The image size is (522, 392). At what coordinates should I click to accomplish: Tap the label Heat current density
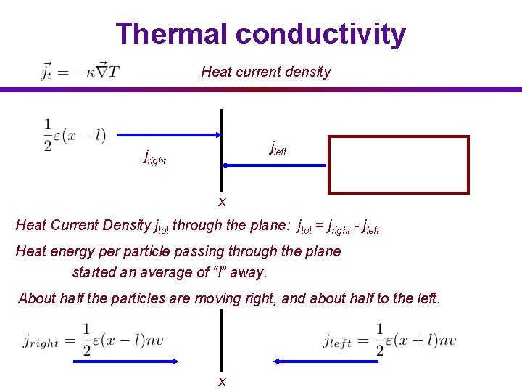[x=265, y=72]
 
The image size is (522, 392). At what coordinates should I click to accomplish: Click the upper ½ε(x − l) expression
[x=75, y=136]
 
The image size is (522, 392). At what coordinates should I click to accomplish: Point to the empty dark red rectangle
[x=399, y=165]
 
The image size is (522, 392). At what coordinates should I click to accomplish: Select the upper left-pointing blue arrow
[x=274, y=166]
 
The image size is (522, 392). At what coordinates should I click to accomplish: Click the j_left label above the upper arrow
[x=278, y=149]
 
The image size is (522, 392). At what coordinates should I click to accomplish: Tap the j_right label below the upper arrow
[x=154, y=156]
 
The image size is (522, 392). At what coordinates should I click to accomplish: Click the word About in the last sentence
[x=36, y=298]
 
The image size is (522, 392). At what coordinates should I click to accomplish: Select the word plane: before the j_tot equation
[x=269, y=225]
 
